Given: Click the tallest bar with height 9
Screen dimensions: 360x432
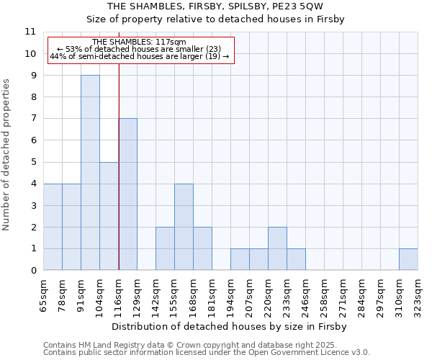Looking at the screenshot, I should click(90, 173).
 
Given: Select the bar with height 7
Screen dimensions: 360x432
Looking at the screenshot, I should click(127, 194).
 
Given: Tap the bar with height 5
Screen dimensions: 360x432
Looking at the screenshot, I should click(109, 216).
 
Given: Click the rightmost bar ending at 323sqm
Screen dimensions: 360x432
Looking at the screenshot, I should click(408, 259).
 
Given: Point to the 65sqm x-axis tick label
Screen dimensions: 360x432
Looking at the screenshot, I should click(44, 295).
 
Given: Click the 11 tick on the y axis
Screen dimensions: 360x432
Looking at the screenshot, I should click(30, 32).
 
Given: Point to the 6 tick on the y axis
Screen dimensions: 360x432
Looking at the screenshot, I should click(33, 140).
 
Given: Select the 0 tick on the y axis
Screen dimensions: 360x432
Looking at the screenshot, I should click(33, 271).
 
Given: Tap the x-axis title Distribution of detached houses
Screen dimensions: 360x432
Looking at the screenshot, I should click(230, 326).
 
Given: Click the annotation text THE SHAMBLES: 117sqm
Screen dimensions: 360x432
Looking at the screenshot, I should click(140, 42).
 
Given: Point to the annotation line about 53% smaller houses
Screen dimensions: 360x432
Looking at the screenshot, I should click(140, 49).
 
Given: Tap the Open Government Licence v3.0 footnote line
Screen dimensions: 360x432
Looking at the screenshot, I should click(207, 352).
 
